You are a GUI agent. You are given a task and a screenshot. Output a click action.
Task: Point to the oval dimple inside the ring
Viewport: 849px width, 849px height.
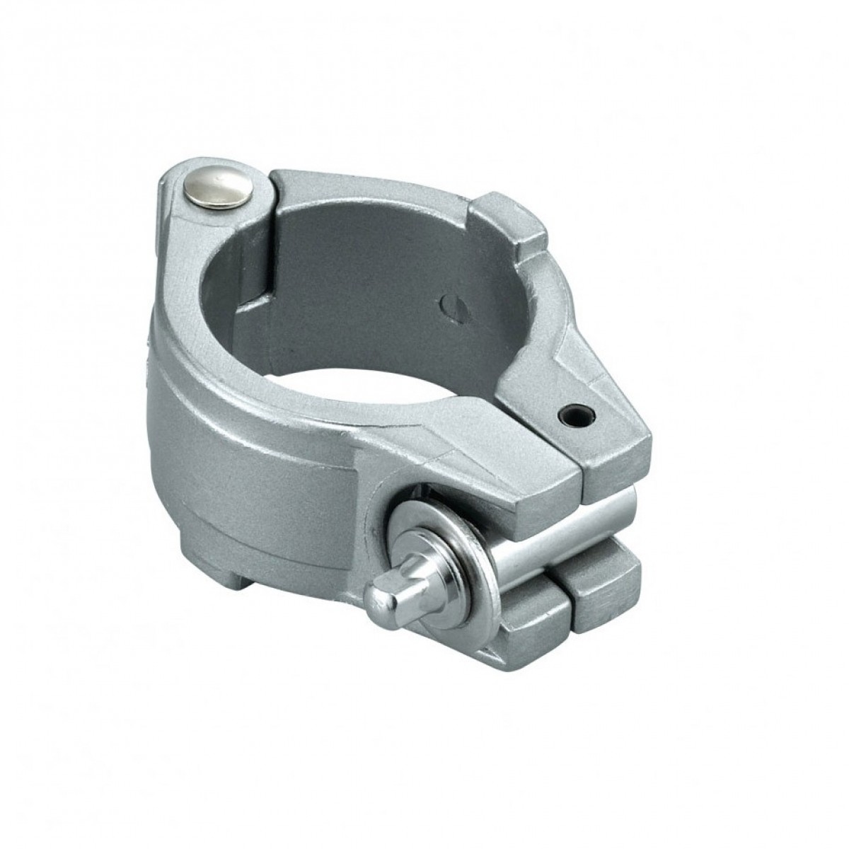tap(449, 305)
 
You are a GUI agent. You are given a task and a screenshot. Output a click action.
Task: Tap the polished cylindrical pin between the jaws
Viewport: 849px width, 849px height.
tap(559, 520)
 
